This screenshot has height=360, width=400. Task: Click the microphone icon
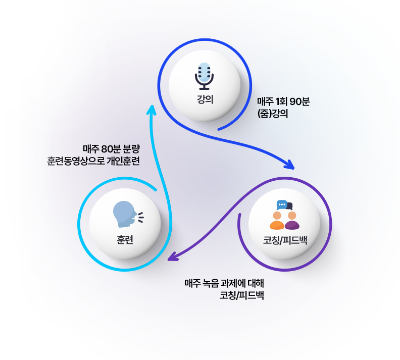(205, 76)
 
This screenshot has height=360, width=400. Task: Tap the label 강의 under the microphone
(205, 99)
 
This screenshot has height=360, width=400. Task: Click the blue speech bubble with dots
(282, 204)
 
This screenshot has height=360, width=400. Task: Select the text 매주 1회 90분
(283, 102)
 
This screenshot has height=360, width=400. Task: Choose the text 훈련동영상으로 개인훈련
(92, 162)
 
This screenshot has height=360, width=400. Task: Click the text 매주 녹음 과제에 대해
(224, 283)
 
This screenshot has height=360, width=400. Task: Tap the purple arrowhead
(173, 258)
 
